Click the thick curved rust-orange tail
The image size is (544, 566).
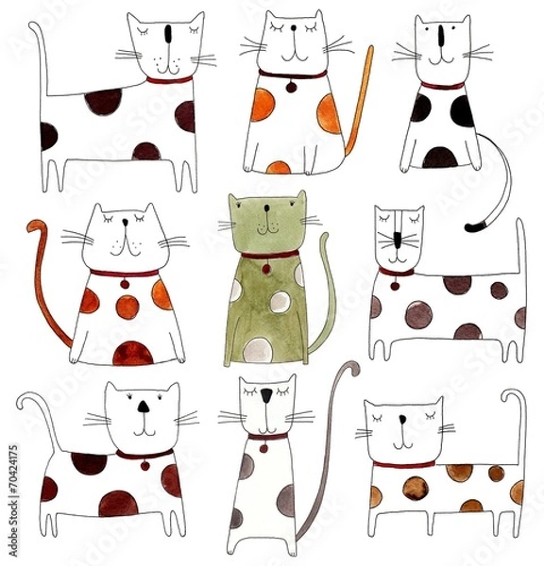(x=47, y=283)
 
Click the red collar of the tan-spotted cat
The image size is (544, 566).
(x=403, y=464)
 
